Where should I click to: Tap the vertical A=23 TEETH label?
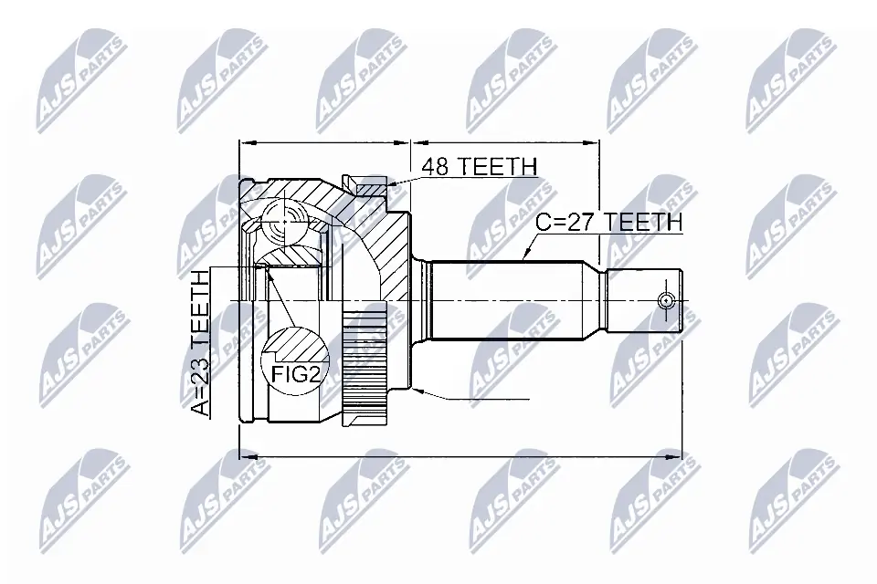point(200,345)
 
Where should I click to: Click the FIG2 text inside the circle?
point(295,373)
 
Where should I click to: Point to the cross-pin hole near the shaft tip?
point(666,299)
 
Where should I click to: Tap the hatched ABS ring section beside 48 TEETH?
point(371,190)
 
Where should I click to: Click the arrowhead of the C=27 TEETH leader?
point(523,257)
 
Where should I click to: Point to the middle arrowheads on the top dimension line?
point(410,142)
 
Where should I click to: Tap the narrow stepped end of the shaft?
point(644,299)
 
